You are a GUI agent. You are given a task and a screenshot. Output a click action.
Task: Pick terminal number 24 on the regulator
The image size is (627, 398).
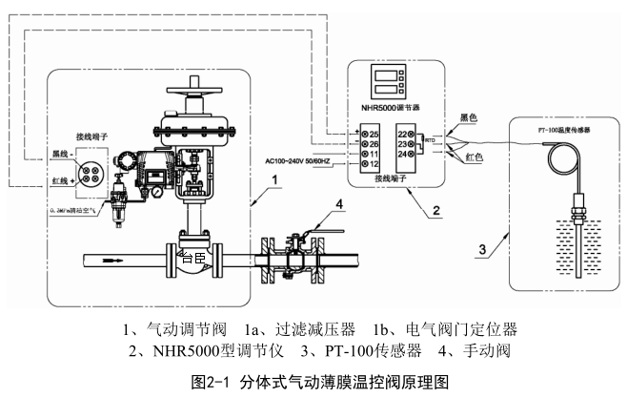coord(404,153)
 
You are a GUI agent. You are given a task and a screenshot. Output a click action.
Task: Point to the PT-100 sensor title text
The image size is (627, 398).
coord(564,128)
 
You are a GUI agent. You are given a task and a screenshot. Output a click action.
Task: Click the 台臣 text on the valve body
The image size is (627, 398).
coord(194,256)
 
